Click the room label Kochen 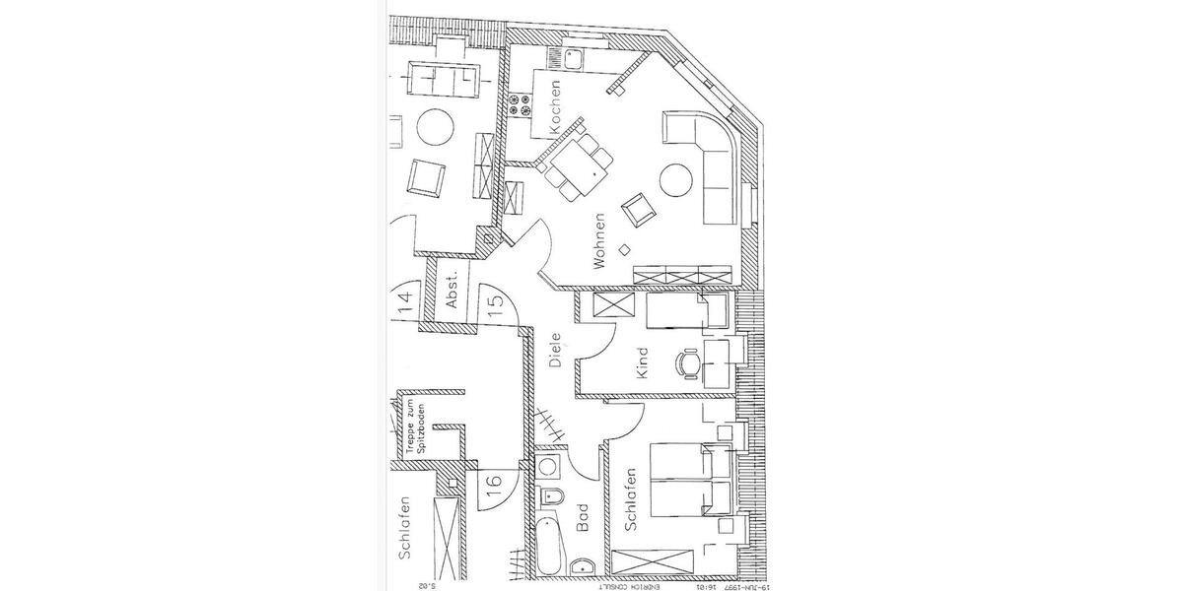coord(556,106)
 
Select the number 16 coord(495,484)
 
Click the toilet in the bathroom coord(551,495)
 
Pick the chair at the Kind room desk coord(687,365)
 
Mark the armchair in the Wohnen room coord(637,208)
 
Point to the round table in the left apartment coord(435,127)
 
